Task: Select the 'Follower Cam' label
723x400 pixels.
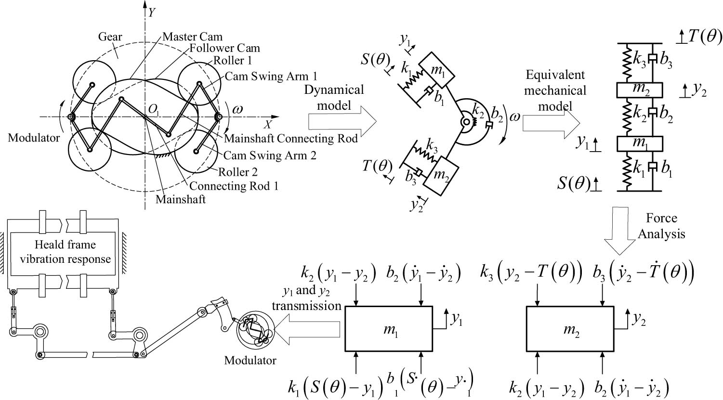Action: pos(224,48)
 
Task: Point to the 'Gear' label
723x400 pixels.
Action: pos(110,37)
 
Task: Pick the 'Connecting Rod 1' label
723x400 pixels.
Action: pos(234,186)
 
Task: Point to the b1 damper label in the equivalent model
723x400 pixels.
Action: pos(667,168)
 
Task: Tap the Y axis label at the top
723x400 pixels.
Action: pos(151,13)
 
